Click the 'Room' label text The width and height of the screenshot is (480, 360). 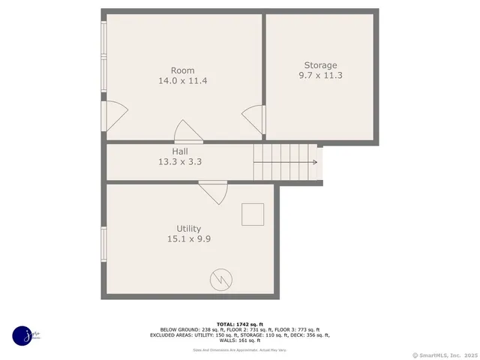coord(182,70)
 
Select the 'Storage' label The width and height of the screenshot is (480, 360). coord(320,65)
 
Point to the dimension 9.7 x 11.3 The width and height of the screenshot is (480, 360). coord(320,75)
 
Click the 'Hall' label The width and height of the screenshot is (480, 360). coord(180,151)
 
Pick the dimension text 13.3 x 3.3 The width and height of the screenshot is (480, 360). coord(180,161)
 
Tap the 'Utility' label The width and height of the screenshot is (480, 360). coord(188,229)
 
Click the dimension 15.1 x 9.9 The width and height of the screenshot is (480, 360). coord(188,238)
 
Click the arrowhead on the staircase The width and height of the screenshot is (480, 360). coord(318,161)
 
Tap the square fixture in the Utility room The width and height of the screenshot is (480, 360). coord(252,214)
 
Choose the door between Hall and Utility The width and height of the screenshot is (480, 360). coord(214,192)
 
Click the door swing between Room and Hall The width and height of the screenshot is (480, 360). coord(188,132)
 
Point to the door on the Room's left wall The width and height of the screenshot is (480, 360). coord(115,117)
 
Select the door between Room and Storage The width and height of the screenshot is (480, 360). coord(253,120)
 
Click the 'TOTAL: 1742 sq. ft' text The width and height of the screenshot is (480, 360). coord(240,324)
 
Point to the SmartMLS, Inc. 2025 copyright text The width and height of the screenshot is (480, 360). coord(445,355)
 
